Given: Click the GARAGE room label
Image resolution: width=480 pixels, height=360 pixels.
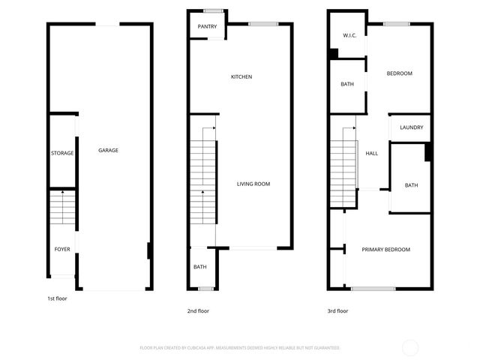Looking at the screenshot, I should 108,151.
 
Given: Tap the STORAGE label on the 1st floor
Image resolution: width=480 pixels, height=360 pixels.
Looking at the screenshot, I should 62,153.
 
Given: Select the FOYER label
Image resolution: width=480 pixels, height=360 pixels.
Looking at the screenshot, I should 62,248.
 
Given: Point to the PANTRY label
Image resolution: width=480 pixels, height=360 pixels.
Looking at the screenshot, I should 207,26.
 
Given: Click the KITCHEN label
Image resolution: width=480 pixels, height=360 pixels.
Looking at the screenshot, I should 241,77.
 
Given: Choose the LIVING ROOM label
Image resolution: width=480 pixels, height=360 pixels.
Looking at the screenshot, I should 253,184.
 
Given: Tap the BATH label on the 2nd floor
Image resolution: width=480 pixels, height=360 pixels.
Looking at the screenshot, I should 200,267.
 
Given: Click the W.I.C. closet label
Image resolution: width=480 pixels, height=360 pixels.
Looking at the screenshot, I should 349,35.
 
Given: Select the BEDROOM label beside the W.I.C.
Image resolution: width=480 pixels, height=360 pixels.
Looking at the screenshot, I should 399,73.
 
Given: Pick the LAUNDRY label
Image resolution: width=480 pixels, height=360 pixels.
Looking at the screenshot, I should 411,127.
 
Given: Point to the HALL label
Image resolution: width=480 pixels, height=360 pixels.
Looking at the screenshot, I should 371,154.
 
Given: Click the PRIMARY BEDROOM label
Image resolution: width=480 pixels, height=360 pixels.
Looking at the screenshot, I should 385,250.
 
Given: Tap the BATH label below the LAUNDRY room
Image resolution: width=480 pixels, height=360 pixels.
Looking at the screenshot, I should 411,185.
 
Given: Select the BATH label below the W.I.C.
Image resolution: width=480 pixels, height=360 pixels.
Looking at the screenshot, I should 347,84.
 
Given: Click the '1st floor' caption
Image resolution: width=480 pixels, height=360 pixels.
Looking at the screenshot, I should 57,298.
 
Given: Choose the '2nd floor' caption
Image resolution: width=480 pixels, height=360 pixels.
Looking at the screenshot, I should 198,310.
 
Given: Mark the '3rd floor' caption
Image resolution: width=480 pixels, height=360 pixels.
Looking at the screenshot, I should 337,310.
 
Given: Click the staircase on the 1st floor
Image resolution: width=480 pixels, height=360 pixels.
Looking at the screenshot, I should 62,207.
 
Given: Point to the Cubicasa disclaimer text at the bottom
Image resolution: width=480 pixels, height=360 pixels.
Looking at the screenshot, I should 240,348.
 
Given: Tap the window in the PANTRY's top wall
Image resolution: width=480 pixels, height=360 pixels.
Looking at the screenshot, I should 213,10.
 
